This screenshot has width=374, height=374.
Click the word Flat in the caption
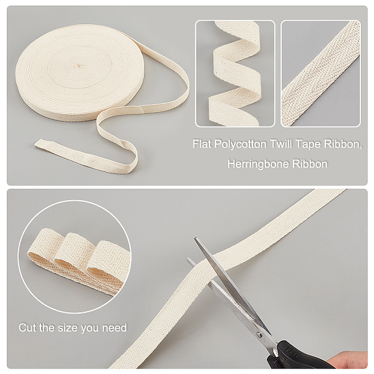click(x=202, y=144)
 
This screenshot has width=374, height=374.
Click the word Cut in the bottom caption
click(x=27, y=328)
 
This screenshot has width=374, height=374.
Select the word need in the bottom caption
click(x=115, y=328)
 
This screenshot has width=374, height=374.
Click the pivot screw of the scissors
click(x=259, y=334)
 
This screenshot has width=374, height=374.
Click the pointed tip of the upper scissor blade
click(x=195, y=238)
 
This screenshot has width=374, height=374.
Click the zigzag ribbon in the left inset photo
click(x=235, y=74)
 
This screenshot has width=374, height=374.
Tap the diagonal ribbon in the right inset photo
click(x=321, y=74)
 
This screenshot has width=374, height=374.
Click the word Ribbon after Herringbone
click(x=310, y=164)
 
